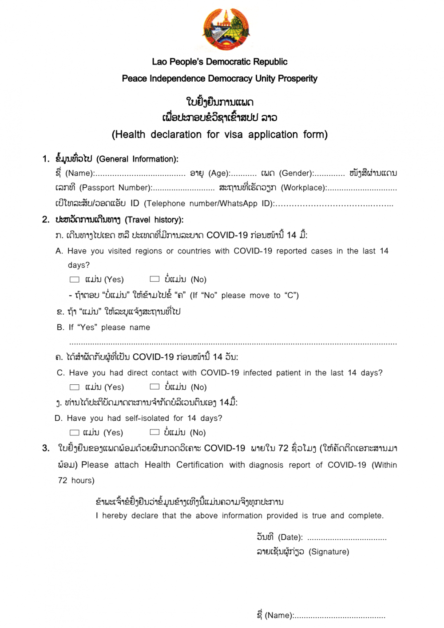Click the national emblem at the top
226,29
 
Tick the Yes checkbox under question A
75,280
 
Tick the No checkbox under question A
155,279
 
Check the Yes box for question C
75,387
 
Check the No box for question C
155,387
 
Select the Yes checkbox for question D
75,433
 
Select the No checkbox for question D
155,432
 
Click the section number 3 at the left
46,448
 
